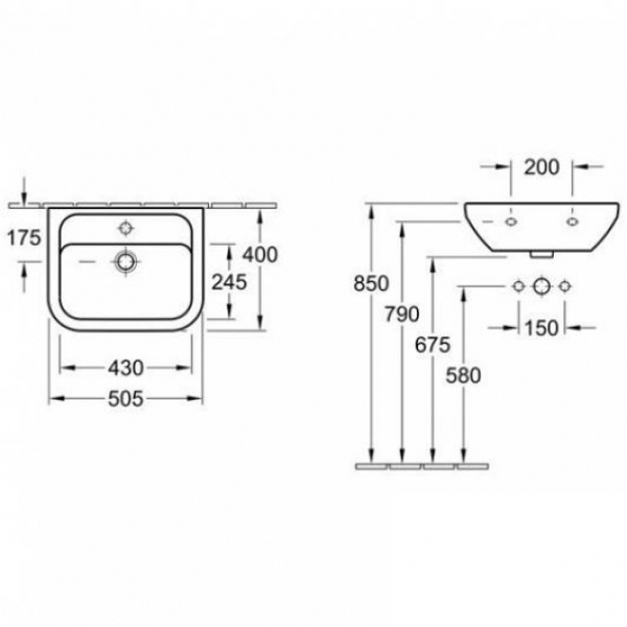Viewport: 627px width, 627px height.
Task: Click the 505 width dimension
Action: coord(125,399)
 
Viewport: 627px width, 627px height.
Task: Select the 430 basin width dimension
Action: coord(125,368)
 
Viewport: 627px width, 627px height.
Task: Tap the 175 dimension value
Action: coord(24,238)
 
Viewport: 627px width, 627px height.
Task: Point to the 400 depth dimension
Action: coord(260,255)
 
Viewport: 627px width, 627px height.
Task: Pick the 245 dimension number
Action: coord(229,282)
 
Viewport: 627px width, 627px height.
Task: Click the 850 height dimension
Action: coord(371,284)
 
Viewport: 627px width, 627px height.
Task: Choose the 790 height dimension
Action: coord(402,314)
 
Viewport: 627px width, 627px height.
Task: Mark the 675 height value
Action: coord(433,345)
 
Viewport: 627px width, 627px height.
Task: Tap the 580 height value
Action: coord(463,375)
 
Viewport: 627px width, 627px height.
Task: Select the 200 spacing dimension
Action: coord(542,167)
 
